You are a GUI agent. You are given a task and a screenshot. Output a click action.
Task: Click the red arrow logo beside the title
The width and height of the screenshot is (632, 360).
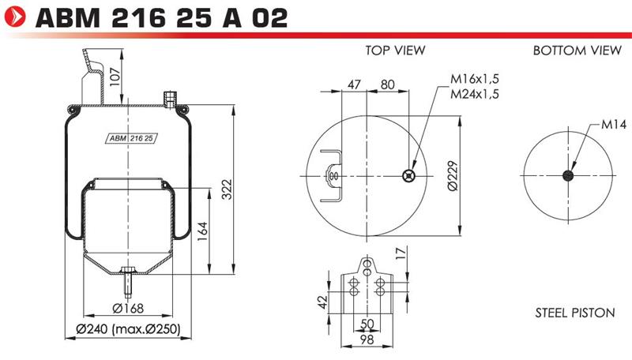pyautogui.click(x=15, y=17)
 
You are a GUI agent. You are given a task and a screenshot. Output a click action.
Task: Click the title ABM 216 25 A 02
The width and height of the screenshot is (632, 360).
pyautogui.click(x=162, y=17)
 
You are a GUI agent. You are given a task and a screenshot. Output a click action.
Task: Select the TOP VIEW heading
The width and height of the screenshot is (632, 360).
pyautogui.click(x=395, y=51)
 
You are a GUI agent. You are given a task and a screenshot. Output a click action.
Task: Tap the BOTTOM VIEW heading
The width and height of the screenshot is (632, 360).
pyautogui.click(x=577, y=51)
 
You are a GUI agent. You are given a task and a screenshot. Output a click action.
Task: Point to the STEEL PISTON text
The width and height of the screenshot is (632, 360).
pyautogui.click(x=575, y=313)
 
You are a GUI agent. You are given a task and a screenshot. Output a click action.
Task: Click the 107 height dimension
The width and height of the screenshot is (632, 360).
pyautogui.click(x=115, y=76)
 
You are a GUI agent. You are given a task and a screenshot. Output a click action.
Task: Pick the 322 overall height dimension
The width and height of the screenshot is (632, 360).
pyautogui.click(x=228, y=189)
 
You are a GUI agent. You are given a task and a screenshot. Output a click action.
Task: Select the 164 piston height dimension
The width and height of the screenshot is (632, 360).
pyautogui.click(x=202, y=231)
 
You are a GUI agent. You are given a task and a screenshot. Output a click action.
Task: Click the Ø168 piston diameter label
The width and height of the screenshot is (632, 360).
pyautogui.click(x=128, y=309)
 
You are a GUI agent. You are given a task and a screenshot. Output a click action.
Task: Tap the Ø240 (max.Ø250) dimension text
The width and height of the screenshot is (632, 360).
pyautogui.click(x=128, y=329)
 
